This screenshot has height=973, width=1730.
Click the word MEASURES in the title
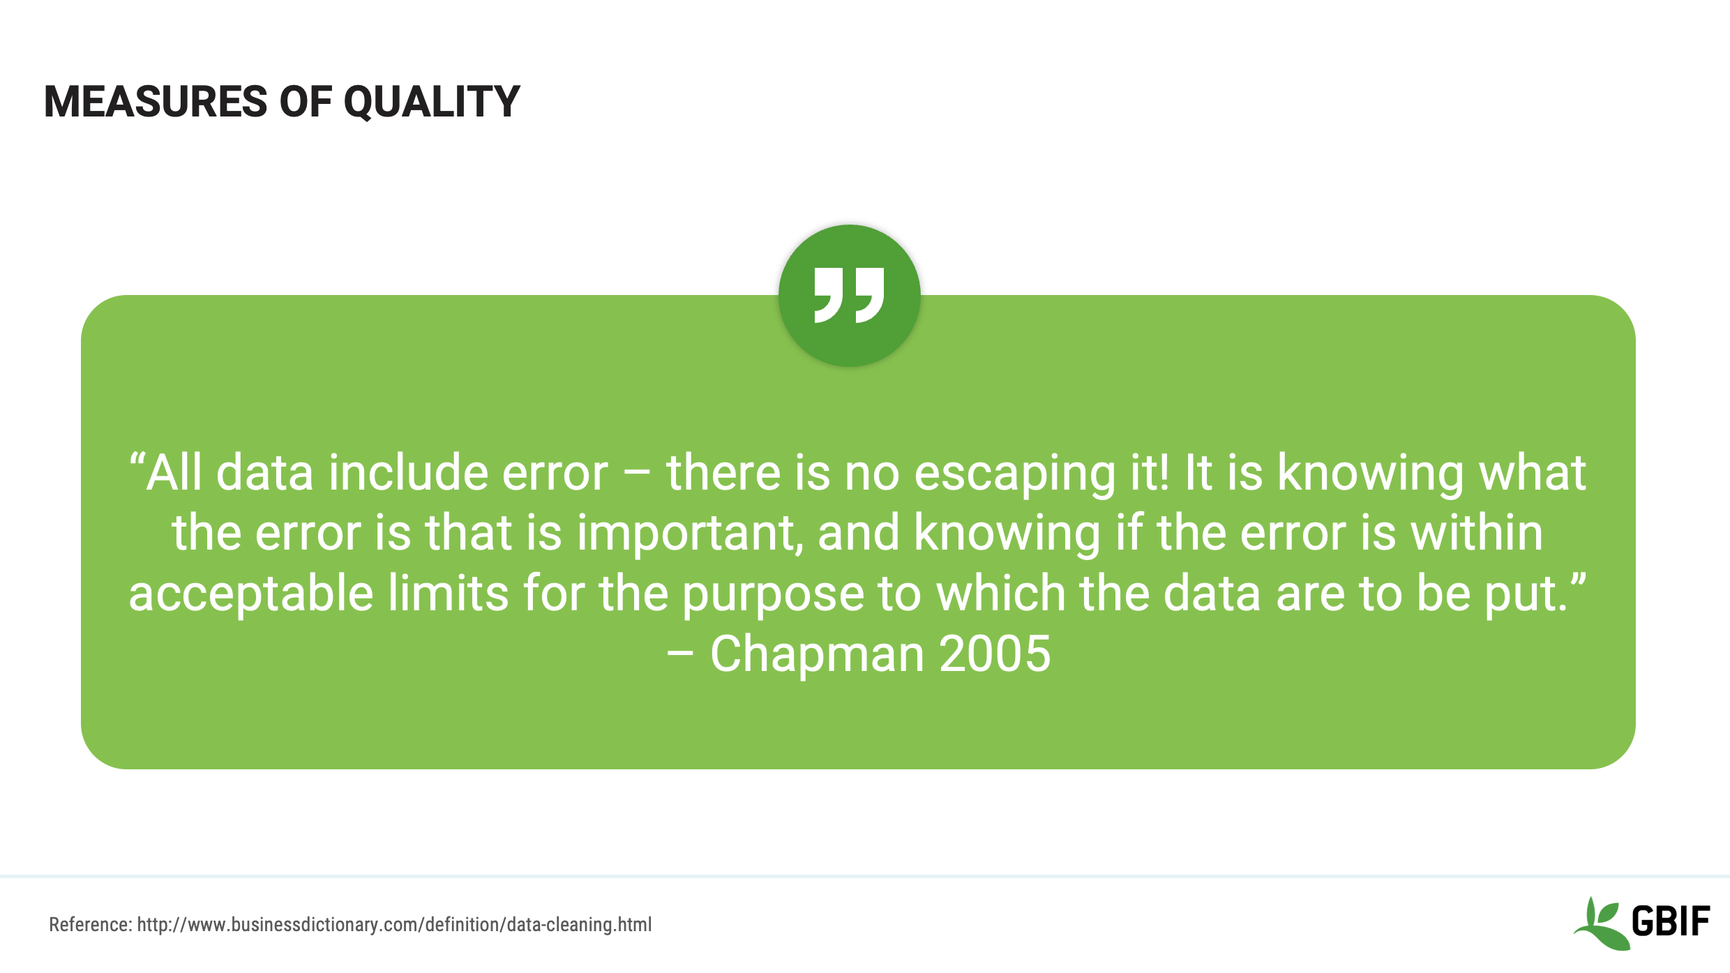pyautogui.click(x=155, y=102)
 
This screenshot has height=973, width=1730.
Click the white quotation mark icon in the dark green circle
pyautogui.click(x=849, y=295)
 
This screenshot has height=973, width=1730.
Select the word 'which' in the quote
pyautogui.click(x=1000, y=594)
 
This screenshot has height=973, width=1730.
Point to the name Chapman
pyautogui.click(x=816, y=654)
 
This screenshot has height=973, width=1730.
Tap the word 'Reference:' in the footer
pyautogui.click(x=90, y=925)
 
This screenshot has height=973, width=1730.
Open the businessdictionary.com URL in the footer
pyautogui.click(x=394, y=925)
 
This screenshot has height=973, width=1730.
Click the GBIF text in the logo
pyautogui.click(x=1670, y=921)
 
